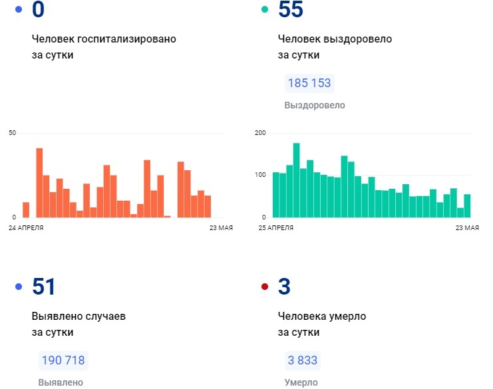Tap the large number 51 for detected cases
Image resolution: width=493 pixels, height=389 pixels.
(44, 287)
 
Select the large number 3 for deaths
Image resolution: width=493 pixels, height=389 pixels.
(284, 287)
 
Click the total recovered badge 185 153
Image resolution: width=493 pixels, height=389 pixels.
(309, 84)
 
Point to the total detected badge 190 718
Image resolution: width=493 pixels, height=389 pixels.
(63, 360)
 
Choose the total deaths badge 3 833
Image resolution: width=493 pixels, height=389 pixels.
(303, 360)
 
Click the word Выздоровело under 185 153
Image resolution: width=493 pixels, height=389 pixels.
(315, 105)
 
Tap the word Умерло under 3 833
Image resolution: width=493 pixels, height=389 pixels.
(301, 382)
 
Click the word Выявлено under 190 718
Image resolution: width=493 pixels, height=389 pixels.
(61, 382)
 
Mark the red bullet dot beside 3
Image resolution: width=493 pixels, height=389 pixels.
(265, 287)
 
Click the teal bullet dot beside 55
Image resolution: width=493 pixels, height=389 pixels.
(265, 9)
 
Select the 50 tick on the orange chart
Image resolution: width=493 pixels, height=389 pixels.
(12, 133)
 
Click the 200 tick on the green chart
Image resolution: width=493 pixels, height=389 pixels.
(260, 133)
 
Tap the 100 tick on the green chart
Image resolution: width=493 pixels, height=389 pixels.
(260, 175)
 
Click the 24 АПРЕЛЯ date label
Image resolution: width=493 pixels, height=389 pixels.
(27, 228)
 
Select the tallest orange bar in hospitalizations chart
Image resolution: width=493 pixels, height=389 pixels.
(39, 183)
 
